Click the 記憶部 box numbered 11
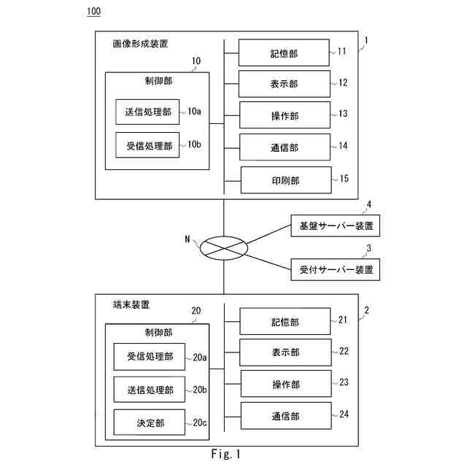click(285, 53)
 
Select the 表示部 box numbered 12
click(285, 84)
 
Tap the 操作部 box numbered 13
click(285, 115)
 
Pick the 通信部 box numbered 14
click(285, 147)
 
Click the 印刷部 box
click(285, 179)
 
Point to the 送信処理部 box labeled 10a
click(148, 112)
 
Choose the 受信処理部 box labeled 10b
click(148, 145)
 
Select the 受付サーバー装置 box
click(335, 269)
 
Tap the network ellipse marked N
click(224, 247)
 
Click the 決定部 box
click(150, 422)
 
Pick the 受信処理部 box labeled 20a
click(150, 357)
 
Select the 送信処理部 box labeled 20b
click(150, 389)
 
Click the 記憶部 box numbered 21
click(285, 321)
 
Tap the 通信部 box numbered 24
click(285, 416)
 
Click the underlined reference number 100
click(93, 11)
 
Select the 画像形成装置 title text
click(141, 44)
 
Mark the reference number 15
click(344, 177)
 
